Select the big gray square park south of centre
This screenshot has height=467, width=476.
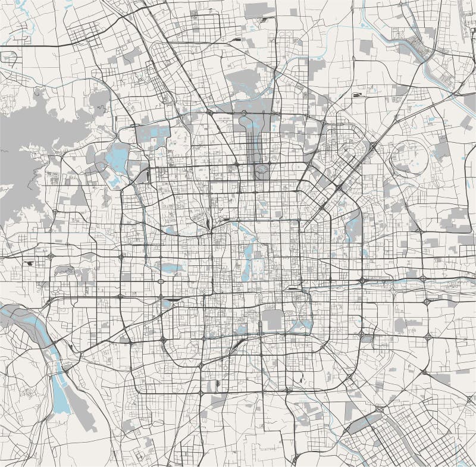[273, 319]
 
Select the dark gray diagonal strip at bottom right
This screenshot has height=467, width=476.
[364, 423]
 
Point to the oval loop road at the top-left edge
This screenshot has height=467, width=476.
[9, 58]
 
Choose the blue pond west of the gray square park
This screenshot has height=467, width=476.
[241, 328]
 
